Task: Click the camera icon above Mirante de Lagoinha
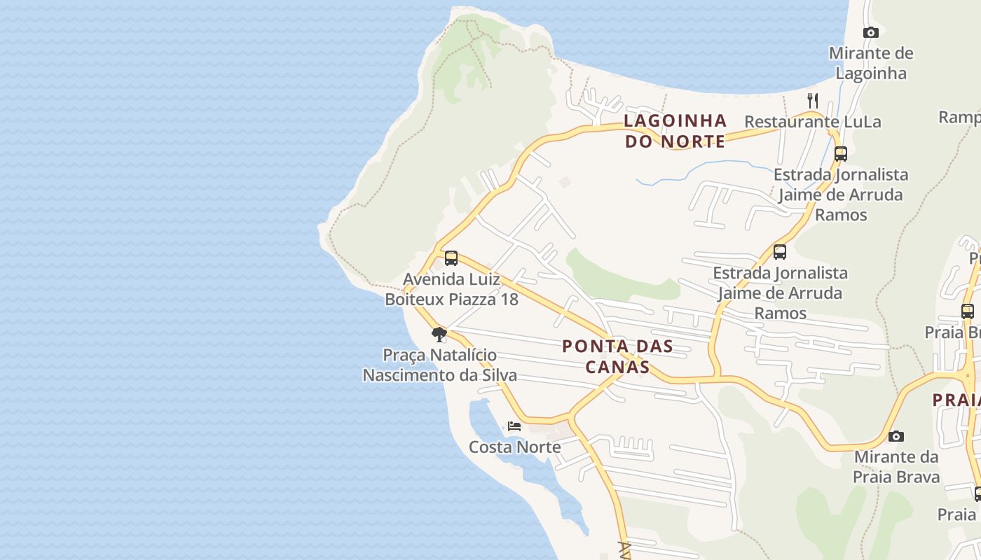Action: click(x=871, y=32)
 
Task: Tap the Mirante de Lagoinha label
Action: click(x=871, y=63)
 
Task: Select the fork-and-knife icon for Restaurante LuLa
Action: click(x=813, y=100)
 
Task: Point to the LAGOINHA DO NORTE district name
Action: click(x=675, y=131)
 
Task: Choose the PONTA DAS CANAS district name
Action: click(x=617, y=356)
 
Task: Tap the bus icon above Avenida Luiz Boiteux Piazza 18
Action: click(x=451, y=258)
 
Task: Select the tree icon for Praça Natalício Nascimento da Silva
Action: click(x=439, y=334)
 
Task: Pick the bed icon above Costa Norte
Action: click(x=514, y=426)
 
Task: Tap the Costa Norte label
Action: click(x=514, y=447)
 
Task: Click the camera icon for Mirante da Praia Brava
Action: click(x=896, y=436)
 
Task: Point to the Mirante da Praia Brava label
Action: click(x=896, y=467)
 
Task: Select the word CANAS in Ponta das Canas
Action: click(x=617, y=367)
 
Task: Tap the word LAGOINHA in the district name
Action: click(x=675, y=120)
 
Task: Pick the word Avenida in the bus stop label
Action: click(x=431, y=280)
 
